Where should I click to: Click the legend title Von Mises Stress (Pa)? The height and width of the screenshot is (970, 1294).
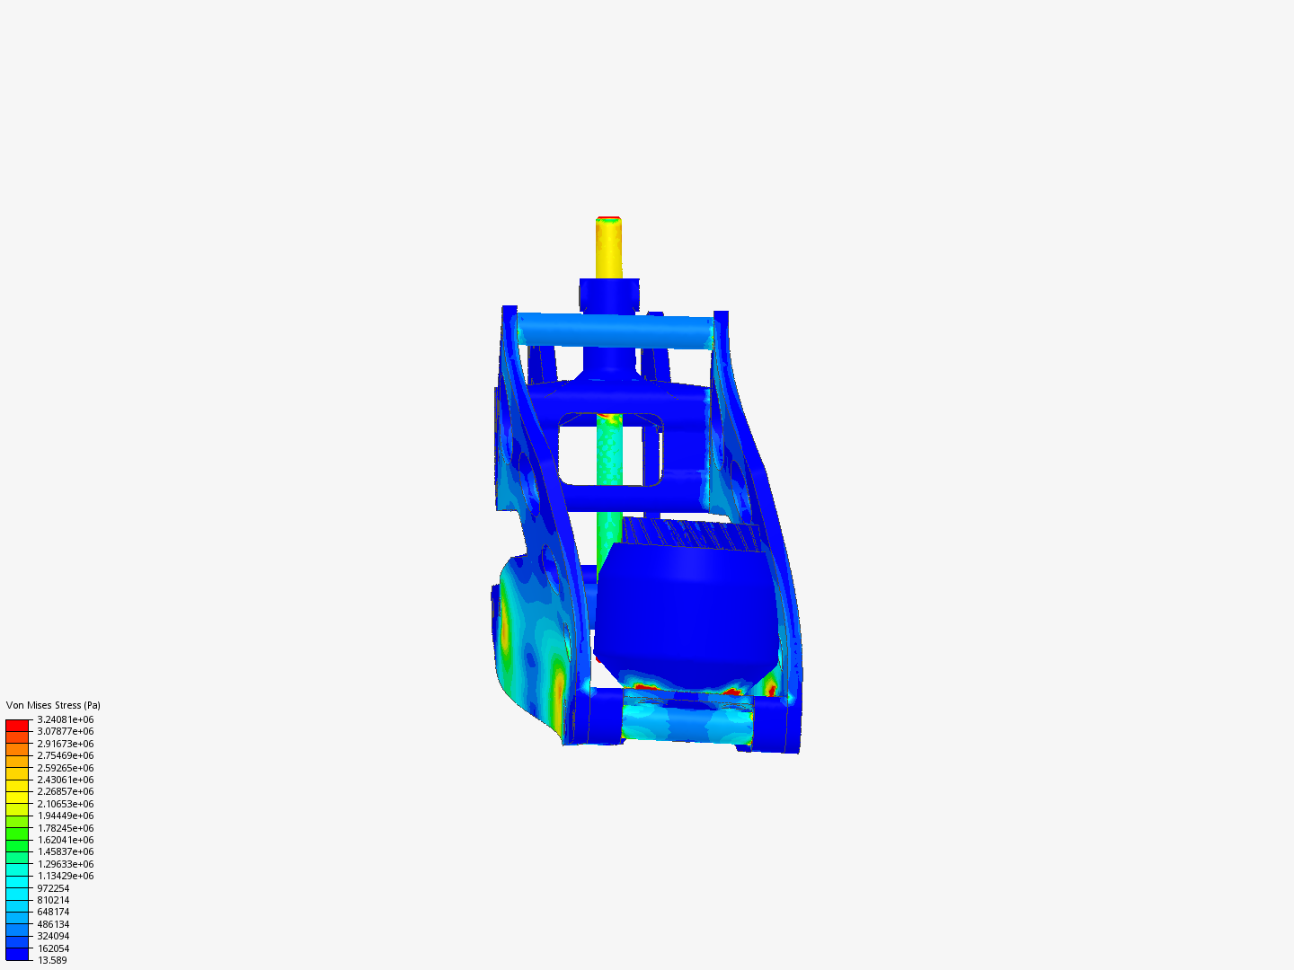coord(53,705)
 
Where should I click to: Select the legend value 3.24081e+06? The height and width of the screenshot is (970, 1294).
coord(65,719)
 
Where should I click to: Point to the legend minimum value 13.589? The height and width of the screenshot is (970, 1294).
coord(52,960)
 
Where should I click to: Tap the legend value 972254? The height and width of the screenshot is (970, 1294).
coord(53,888)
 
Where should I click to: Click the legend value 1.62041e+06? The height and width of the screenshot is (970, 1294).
coord(65,840)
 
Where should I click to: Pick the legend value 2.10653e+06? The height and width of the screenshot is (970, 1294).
coord(65,804)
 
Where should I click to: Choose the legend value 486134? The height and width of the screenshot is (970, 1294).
coord(53,924)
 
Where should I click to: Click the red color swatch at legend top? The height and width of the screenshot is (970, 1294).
coord(17,725)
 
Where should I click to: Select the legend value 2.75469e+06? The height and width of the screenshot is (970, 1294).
coord(65,755)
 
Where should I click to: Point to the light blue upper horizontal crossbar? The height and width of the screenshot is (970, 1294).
coord(616,330)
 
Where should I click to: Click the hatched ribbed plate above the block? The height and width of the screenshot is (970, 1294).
coord(692,534)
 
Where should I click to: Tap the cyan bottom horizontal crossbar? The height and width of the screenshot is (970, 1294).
coord(687,720)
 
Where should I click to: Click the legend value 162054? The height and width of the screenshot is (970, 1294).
coord(53,948)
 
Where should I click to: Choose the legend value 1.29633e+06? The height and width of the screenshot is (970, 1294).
coord(65,864)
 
